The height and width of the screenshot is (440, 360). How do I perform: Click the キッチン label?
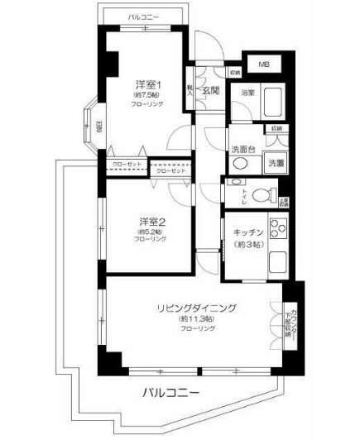click(247, 233)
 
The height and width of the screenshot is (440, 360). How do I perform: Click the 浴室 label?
click(247, 93)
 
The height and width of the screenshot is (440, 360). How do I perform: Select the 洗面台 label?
click(243, 149)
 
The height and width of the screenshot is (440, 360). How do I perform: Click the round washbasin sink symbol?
click(241, 164)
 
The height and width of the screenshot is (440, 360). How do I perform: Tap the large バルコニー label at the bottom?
click(169, 390)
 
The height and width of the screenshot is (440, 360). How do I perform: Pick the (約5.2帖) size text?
click(149, 231)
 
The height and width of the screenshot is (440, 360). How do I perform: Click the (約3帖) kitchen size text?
click(247, 245)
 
